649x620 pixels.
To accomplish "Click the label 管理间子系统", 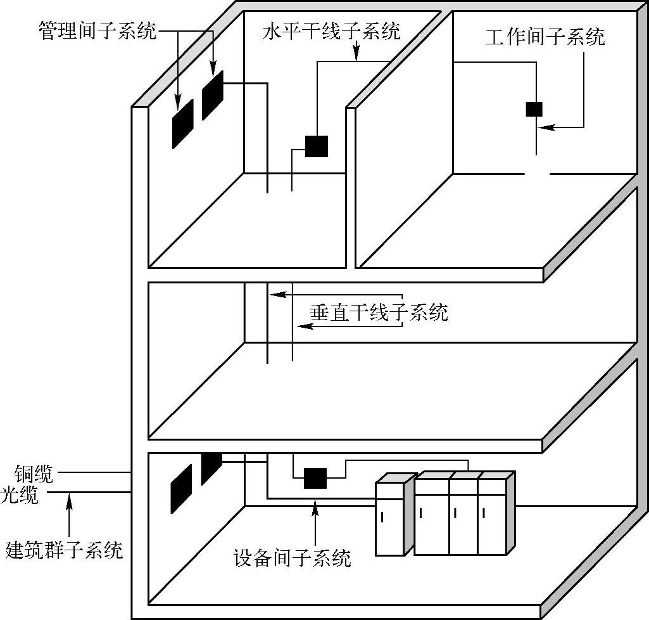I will [x=98, y=31].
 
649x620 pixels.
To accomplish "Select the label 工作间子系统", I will [x=545, y=37].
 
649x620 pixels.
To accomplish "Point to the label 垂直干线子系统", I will [x=379, y=312].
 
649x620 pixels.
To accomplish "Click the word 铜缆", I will [x=34, y=473].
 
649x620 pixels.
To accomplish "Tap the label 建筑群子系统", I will [x=64, y=549].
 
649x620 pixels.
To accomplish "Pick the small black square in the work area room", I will [x=534, y=109].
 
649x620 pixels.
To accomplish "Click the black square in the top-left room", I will [x=317, y=146].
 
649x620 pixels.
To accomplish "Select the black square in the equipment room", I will [x=315, y=478].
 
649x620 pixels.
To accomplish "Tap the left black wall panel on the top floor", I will [x=182, y=124].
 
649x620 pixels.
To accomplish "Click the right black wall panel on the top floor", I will [x=213, y=95].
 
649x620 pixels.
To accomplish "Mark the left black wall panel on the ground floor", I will [x=181, y=489].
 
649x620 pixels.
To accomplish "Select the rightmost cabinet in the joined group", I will [x=493, y=515].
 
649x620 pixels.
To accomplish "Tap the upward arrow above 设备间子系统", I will [x=315, y=507].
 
